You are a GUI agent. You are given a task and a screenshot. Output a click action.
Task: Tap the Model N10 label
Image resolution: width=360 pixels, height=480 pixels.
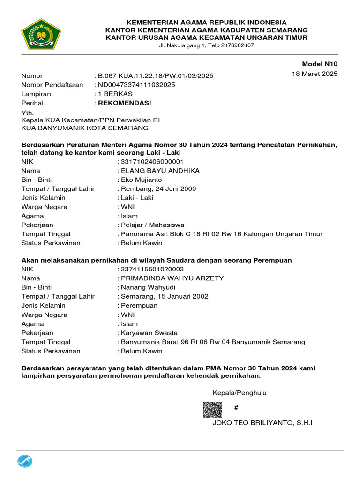click(320, 64)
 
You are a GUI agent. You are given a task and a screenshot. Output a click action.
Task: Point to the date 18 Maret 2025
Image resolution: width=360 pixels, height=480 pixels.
click(315, 74)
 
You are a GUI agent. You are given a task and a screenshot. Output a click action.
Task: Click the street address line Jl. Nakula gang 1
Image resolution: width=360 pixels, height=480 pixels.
click(206, 45)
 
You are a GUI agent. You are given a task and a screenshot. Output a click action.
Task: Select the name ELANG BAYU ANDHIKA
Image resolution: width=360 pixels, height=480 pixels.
click(160, 171)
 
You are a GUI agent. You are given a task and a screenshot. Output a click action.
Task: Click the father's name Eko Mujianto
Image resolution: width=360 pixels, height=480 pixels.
click(142, 180)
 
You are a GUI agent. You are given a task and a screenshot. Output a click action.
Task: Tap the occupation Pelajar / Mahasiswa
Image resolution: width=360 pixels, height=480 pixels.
click(153, 225)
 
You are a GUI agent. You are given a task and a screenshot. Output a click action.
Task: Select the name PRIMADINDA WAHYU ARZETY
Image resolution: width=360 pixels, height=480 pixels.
click(172, 278)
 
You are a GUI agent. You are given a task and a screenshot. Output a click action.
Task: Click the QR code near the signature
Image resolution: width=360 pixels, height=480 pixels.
click(212, 410)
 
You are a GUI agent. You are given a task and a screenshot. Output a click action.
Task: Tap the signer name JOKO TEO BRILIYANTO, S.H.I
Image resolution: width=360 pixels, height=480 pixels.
click(262, 423)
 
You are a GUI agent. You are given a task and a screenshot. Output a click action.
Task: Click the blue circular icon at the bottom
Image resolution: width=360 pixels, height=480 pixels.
click(25, 462)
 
